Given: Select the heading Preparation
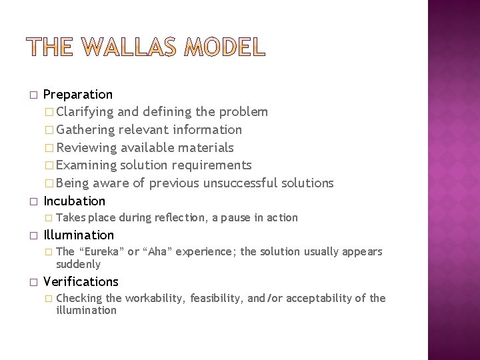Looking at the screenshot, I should [x=78, y=95].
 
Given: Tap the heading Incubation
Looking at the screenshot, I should [x=74, y=201].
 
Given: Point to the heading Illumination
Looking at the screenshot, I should [x=79, y=235].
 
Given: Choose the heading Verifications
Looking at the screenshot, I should [x=81, y=281].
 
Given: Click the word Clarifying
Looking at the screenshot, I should [x=85, y=112].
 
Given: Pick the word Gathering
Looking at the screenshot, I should [x=86, y=129].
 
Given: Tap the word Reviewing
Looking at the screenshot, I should [x=86, y=147].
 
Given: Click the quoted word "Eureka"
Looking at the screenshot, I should [x=101, y=251].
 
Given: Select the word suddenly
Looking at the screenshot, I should [x=79, y=265].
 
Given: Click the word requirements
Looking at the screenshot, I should [x=217, y=165].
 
